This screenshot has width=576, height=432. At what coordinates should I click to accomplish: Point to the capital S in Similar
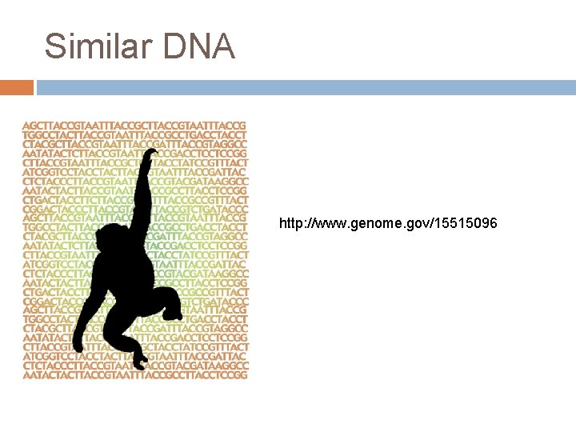pyautogui.click(x=54, y=46)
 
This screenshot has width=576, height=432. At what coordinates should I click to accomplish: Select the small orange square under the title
pyautogui.click(x=16, y=87)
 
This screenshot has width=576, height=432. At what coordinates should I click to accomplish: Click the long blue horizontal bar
pyautogui.click(x=306, y=87)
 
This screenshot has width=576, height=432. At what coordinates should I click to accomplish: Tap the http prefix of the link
pyautogui.click(x=291, y=223)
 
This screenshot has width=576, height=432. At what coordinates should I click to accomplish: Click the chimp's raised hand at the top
pyautogui.click(x=145, y=154)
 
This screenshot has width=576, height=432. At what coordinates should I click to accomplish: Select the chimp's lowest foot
pyautogui.click(x=140, y=365)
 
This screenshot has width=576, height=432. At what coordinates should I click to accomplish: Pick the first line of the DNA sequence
pyautogui.click(x=134, y=126)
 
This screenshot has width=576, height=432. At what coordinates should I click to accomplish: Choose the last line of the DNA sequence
pyautogui.click(x=134, y=374)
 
